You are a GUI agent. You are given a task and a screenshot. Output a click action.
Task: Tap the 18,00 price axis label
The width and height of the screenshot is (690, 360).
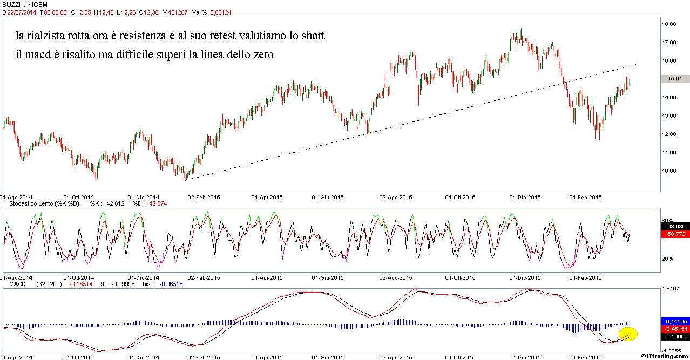(672, 24)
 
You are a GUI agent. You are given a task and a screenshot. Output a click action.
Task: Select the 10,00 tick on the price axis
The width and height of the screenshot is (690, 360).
(672, 171)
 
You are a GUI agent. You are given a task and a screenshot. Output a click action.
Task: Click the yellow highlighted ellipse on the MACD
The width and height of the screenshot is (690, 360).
(628, 334)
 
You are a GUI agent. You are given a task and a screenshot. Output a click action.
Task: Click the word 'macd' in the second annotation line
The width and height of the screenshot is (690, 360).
(50, 55)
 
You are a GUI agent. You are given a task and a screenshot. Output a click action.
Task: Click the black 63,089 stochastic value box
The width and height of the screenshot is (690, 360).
(675, 227)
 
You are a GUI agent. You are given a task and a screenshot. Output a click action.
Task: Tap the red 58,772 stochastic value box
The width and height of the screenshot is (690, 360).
(675, 234)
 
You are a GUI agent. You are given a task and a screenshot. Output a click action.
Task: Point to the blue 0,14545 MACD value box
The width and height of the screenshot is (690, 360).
(675, 321)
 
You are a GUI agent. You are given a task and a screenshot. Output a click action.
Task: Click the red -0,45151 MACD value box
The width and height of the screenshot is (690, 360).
(675, 329)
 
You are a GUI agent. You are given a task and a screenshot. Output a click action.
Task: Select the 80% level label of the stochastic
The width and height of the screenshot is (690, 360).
(667, 220)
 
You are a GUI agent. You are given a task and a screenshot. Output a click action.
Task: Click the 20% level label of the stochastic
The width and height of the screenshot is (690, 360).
(667, 259)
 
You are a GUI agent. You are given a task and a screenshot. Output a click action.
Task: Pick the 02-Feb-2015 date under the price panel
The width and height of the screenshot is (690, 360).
(203, 198)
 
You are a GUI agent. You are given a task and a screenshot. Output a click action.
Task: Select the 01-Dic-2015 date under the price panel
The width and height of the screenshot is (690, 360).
(525, 198)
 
